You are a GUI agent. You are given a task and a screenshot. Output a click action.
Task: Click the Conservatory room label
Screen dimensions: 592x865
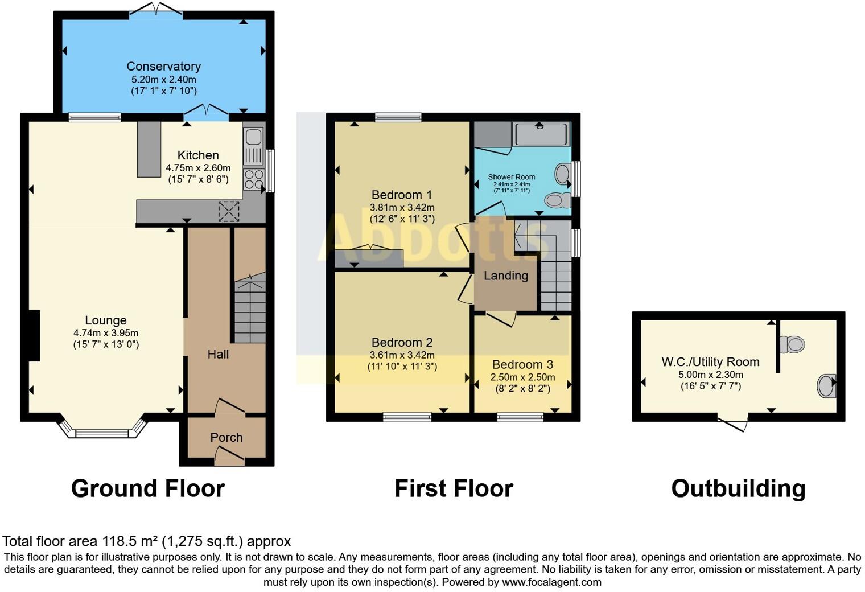(x=163, y=67)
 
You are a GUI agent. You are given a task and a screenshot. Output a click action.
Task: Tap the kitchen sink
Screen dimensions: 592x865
(x=253, y=138)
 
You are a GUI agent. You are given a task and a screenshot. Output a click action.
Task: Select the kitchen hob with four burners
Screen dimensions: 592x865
(x=254, y=179)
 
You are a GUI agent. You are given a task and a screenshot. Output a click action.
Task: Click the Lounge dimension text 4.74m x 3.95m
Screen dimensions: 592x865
(x=106, y=333)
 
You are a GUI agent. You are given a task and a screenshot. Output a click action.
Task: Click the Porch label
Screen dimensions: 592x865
(x=226, y=438)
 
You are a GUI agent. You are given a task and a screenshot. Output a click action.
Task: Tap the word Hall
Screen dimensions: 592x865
(x=218, y=355)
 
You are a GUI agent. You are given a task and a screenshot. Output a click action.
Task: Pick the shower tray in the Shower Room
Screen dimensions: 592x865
(x=541, y=134)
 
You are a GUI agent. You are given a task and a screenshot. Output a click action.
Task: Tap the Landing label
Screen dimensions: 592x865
(x=505, y=276)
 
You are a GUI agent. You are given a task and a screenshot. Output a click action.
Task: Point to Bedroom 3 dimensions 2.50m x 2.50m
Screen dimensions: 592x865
(x=522, y=377)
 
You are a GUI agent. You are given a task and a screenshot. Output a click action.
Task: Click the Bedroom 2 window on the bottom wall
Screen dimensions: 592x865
(x=407, y=417)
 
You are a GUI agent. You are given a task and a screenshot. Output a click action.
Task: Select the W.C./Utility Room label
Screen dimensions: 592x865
(x=710, y=362)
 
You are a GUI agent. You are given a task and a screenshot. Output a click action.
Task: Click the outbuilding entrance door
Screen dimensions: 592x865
(x=733, y=424)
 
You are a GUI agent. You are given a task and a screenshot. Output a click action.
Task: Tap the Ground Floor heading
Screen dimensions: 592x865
(x=148, y=488)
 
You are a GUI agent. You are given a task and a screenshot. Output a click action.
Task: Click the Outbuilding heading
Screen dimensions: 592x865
(x=738, y=488)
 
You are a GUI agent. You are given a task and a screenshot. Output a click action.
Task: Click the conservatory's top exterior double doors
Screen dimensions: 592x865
(x=156, y=11)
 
